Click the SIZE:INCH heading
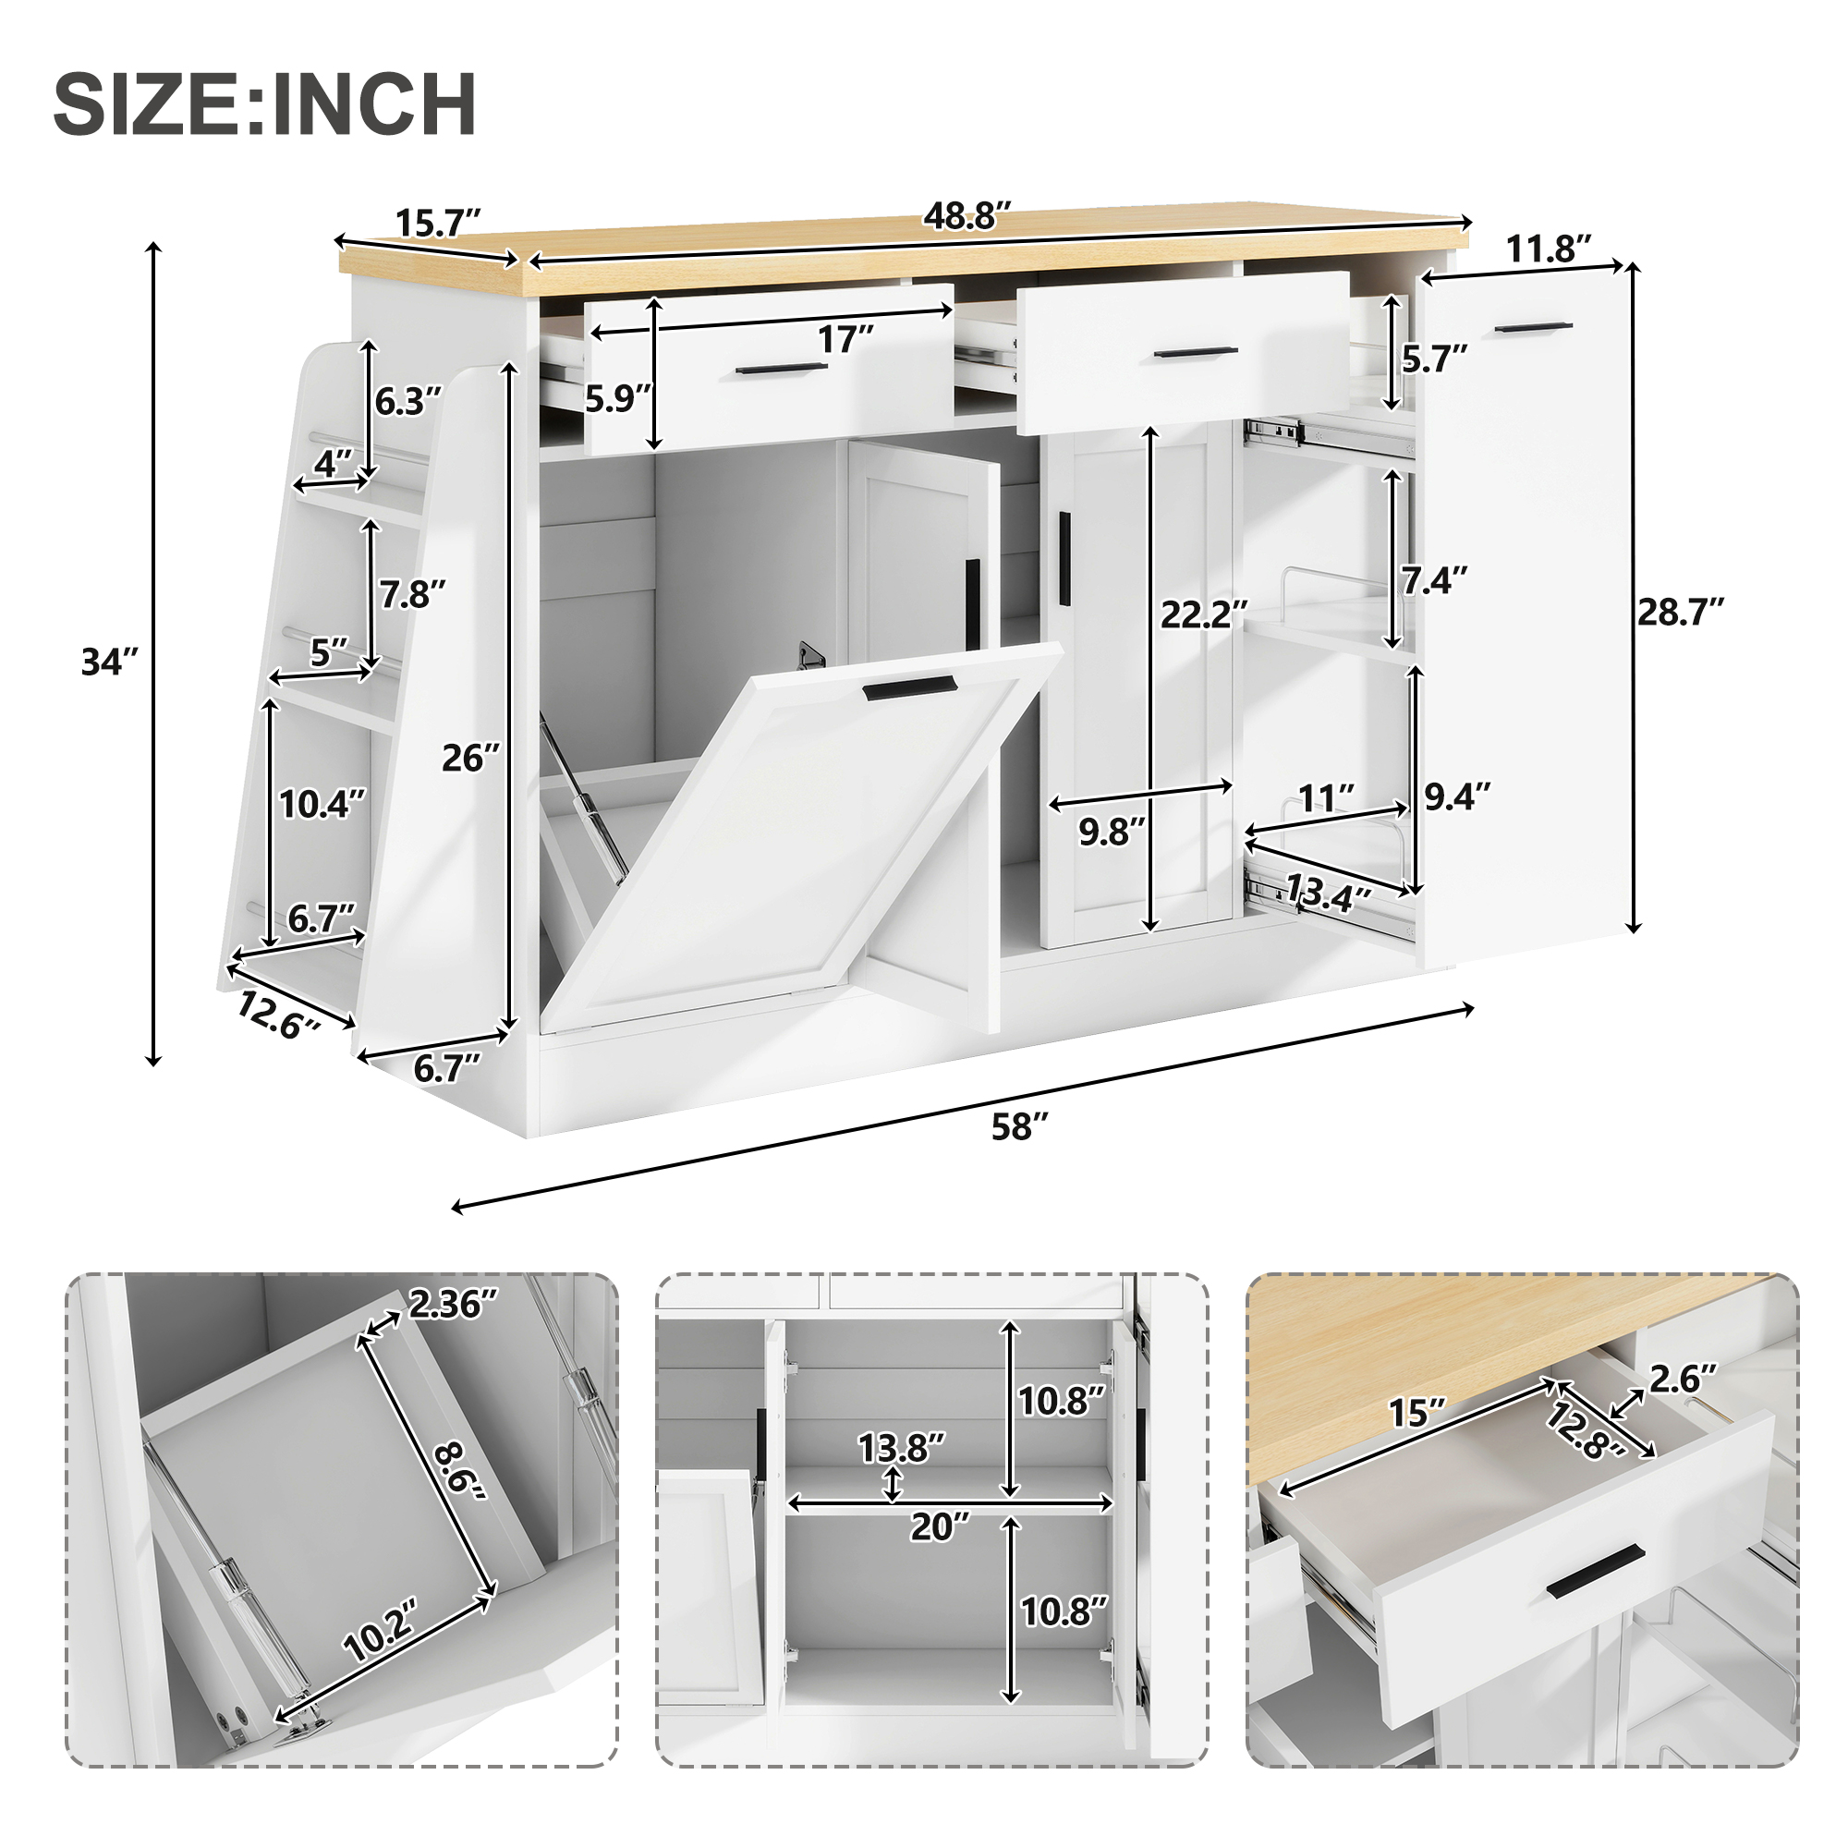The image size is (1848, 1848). [265, 104]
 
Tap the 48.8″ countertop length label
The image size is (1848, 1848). [967, 217]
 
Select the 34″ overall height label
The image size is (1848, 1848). [111, 661]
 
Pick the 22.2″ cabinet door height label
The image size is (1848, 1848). [1204, 614]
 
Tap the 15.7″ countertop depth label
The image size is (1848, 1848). [438, 223]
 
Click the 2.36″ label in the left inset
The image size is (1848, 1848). [454, 1304]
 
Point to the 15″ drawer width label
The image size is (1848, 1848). [1416, 1413]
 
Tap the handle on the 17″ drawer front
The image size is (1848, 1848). [782, 369]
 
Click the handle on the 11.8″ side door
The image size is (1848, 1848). [1532, 328]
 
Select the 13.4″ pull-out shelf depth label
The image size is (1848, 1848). [1328, 894]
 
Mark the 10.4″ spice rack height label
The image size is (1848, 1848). [322, 805]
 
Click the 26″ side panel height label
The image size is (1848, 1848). [470, 759]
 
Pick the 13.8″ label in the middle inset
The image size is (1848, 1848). [901, 1448]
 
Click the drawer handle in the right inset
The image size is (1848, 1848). [1595, 1572]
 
